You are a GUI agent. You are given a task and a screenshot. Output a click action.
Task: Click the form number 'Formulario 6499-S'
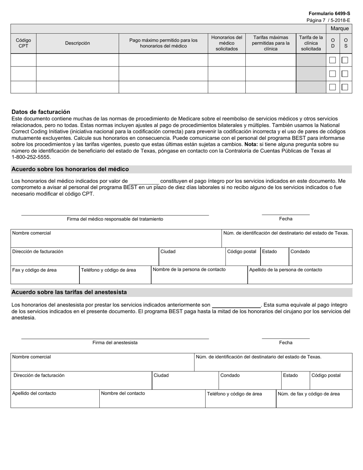pos(329,13)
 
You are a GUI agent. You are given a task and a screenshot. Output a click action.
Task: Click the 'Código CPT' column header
pos(23,43)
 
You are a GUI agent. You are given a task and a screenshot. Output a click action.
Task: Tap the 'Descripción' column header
pos(78,43)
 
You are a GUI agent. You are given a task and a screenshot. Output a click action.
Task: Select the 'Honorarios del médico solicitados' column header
pos(227,43)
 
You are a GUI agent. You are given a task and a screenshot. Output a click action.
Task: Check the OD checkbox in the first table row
pos(332,60)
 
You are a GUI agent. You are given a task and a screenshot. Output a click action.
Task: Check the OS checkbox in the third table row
pos(345,87)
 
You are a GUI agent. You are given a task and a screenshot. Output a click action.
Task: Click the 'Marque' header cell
pos(339,29)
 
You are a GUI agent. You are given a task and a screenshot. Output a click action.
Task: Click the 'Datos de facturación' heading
pos(41,112)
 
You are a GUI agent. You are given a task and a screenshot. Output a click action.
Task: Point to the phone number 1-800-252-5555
pos(31,157)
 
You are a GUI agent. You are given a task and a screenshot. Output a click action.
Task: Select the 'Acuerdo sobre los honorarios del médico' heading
pos(70,169)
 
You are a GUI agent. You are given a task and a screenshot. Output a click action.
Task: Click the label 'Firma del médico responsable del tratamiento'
pos(115,219)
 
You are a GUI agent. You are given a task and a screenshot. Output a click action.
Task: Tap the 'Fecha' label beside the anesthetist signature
pos(285,343)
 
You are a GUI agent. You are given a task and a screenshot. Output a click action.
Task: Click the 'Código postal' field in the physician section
pos(243,257)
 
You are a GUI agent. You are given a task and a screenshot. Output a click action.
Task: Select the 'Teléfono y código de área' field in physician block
pos(115,275)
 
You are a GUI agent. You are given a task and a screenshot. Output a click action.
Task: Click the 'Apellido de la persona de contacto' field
pos(300,275)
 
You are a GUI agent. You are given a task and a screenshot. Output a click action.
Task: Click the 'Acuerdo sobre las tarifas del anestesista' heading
pos(69,292)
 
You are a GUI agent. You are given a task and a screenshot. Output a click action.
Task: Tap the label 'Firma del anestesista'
pos(115,343)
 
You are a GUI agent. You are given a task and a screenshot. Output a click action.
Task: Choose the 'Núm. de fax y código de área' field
pos(314,399)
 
